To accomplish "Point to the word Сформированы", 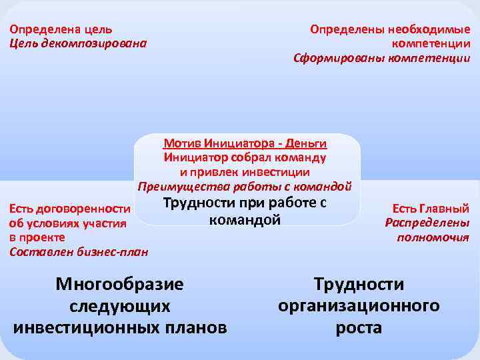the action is [x=335, y=58].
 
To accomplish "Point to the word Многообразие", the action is [x=119, y=285].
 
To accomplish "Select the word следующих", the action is [x=120, y=306].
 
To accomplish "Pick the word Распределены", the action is [x=427, y=223].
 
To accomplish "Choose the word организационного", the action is [x=359, y=306].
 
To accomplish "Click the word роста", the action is [x=359, y=327].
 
